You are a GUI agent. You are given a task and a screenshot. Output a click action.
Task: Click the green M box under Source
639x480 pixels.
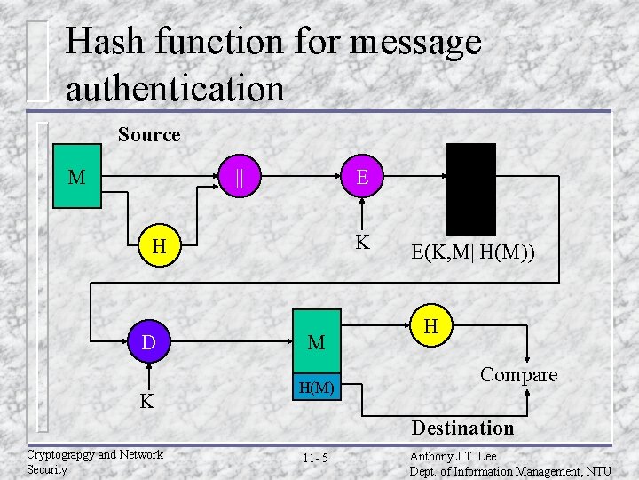(x=77, y=177)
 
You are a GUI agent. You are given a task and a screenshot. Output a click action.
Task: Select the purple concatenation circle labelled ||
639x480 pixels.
(x=240, y=177)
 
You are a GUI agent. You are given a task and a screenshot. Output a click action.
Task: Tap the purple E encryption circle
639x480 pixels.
(x=362, y=177)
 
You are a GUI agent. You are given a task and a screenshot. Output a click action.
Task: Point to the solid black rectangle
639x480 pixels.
(x=470, y=188)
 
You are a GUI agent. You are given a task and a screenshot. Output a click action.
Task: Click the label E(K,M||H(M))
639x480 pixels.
(x=473, y=253)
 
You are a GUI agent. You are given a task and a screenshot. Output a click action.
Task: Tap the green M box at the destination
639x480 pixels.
(x=317, y=342)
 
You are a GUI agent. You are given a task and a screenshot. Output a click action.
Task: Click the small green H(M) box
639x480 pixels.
(x=317, y=388)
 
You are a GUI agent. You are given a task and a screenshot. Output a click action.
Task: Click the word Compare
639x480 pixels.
(x=519, y=374)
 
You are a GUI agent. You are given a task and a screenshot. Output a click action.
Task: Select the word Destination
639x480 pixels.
(x=462, y=428)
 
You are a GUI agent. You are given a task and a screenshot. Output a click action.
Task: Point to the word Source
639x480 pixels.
(x=149, y=135)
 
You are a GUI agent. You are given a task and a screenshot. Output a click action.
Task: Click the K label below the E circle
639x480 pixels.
(x=362, y=242)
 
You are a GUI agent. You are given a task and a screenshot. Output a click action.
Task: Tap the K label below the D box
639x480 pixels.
(x=146, y=402)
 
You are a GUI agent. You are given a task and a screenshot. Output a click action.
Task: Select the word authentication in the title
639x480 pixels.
(x=175, y=88)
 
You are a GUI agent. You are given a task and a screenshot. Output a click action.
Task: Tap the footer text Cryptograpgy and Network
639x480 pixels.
(x=95, y=454)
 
